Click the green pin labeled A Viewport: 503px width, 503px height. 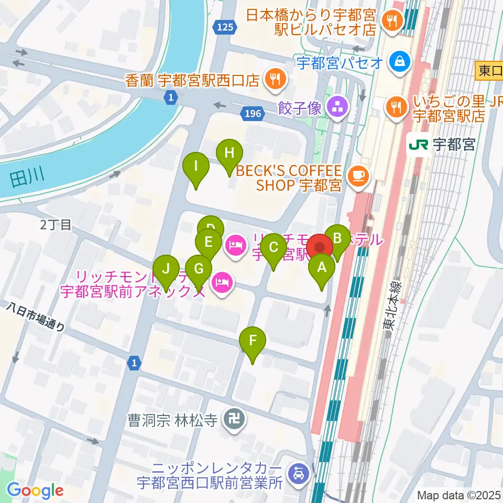pyautogui.click(x=322, y=269)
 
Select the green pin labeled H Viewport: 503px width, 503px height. pyautogui.click(x=229, y=154)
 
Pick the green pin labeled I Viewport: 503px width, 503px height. pyautogui.click(x=196, y=168)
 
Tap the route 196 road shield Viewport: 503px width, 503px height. pyautogui.click(x=250, y=113)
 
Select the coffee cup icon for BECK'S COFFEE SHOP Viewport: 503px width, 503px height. pyautogui.click(x=358, y=174)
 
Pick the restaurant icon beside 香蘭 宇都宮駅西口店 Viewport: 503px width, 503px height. pyautogui.click(x=274, y=79)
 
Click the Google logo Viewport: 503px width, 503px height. pyautogui.click(x=35, y=490)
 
